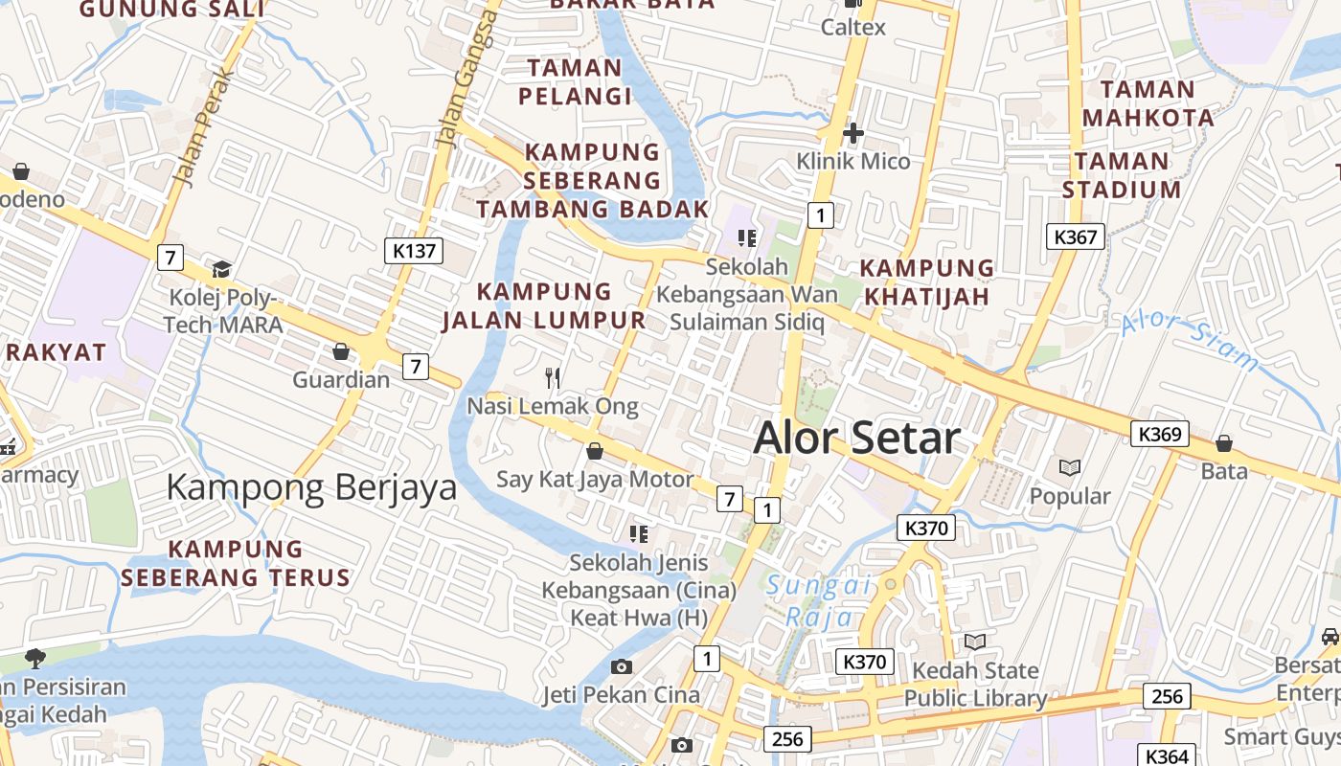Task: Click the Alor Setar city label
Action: click(856, 439)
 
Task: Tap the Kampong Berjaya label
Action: click(310, 487)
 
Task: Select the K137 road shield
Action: click(414, 251)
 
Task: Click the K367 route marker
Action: click(1075, 237)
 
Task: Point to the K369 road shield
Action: click(1159, 434)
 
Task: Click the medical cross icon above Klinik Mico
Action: click(852, 133)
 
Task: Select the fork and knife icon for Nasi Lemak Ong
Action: click(553, 378)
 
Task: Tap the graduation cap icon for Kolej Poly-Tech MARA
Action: click(222, 269)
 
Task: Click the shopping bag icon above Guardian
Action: click(341, 351)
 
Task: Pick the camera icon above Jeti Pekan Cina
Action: click(622, 666)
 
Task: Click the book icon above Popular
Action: click(1070, 468)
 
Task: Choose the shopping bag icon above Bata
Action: click(1223, 443)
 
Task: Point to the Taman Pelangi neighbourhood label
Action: click(575, 81)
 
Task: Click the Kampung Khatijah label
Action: click(926, 282)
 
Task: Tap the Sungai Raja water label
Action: click(818, 600)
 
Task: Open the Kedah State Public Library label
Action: click(975, 684)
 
